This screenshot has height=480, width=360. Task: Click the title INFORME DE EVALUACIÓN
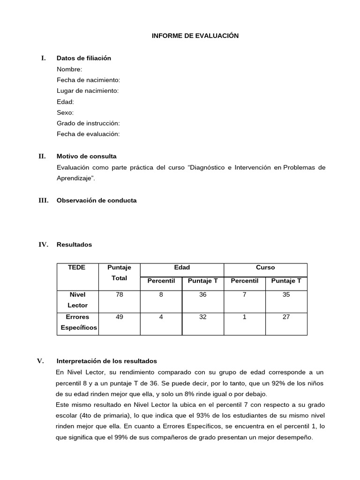[195, 36]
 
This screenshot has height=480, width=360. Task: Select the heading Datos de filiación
[84, 58]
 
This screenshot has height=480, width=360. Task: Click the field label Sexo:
[65, 112]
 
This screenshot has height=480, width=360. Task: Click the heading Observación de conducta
[97, 200]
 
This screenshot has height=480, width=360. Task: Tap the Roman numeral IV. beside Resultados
[43, 245]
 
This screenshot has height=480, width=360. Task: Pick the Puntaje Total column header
[120, 272]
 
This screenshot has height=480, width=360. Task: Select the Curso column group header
[265, 267]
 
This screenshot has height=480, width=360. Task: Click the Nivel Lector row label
[77, 300]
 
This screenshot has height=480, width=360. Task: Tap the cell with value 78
[120, 295]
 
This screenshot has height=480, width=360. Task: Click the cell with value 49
[120, 317]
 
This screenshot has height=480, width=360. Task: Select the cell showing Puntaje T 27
[286, 317]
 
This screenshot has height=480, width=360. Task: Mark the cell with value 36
[202, 295]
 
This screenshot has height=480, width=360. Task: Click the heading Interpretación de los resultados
[107, 361]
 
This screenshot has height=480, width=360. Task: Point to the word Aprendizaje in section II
[75, 179]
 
